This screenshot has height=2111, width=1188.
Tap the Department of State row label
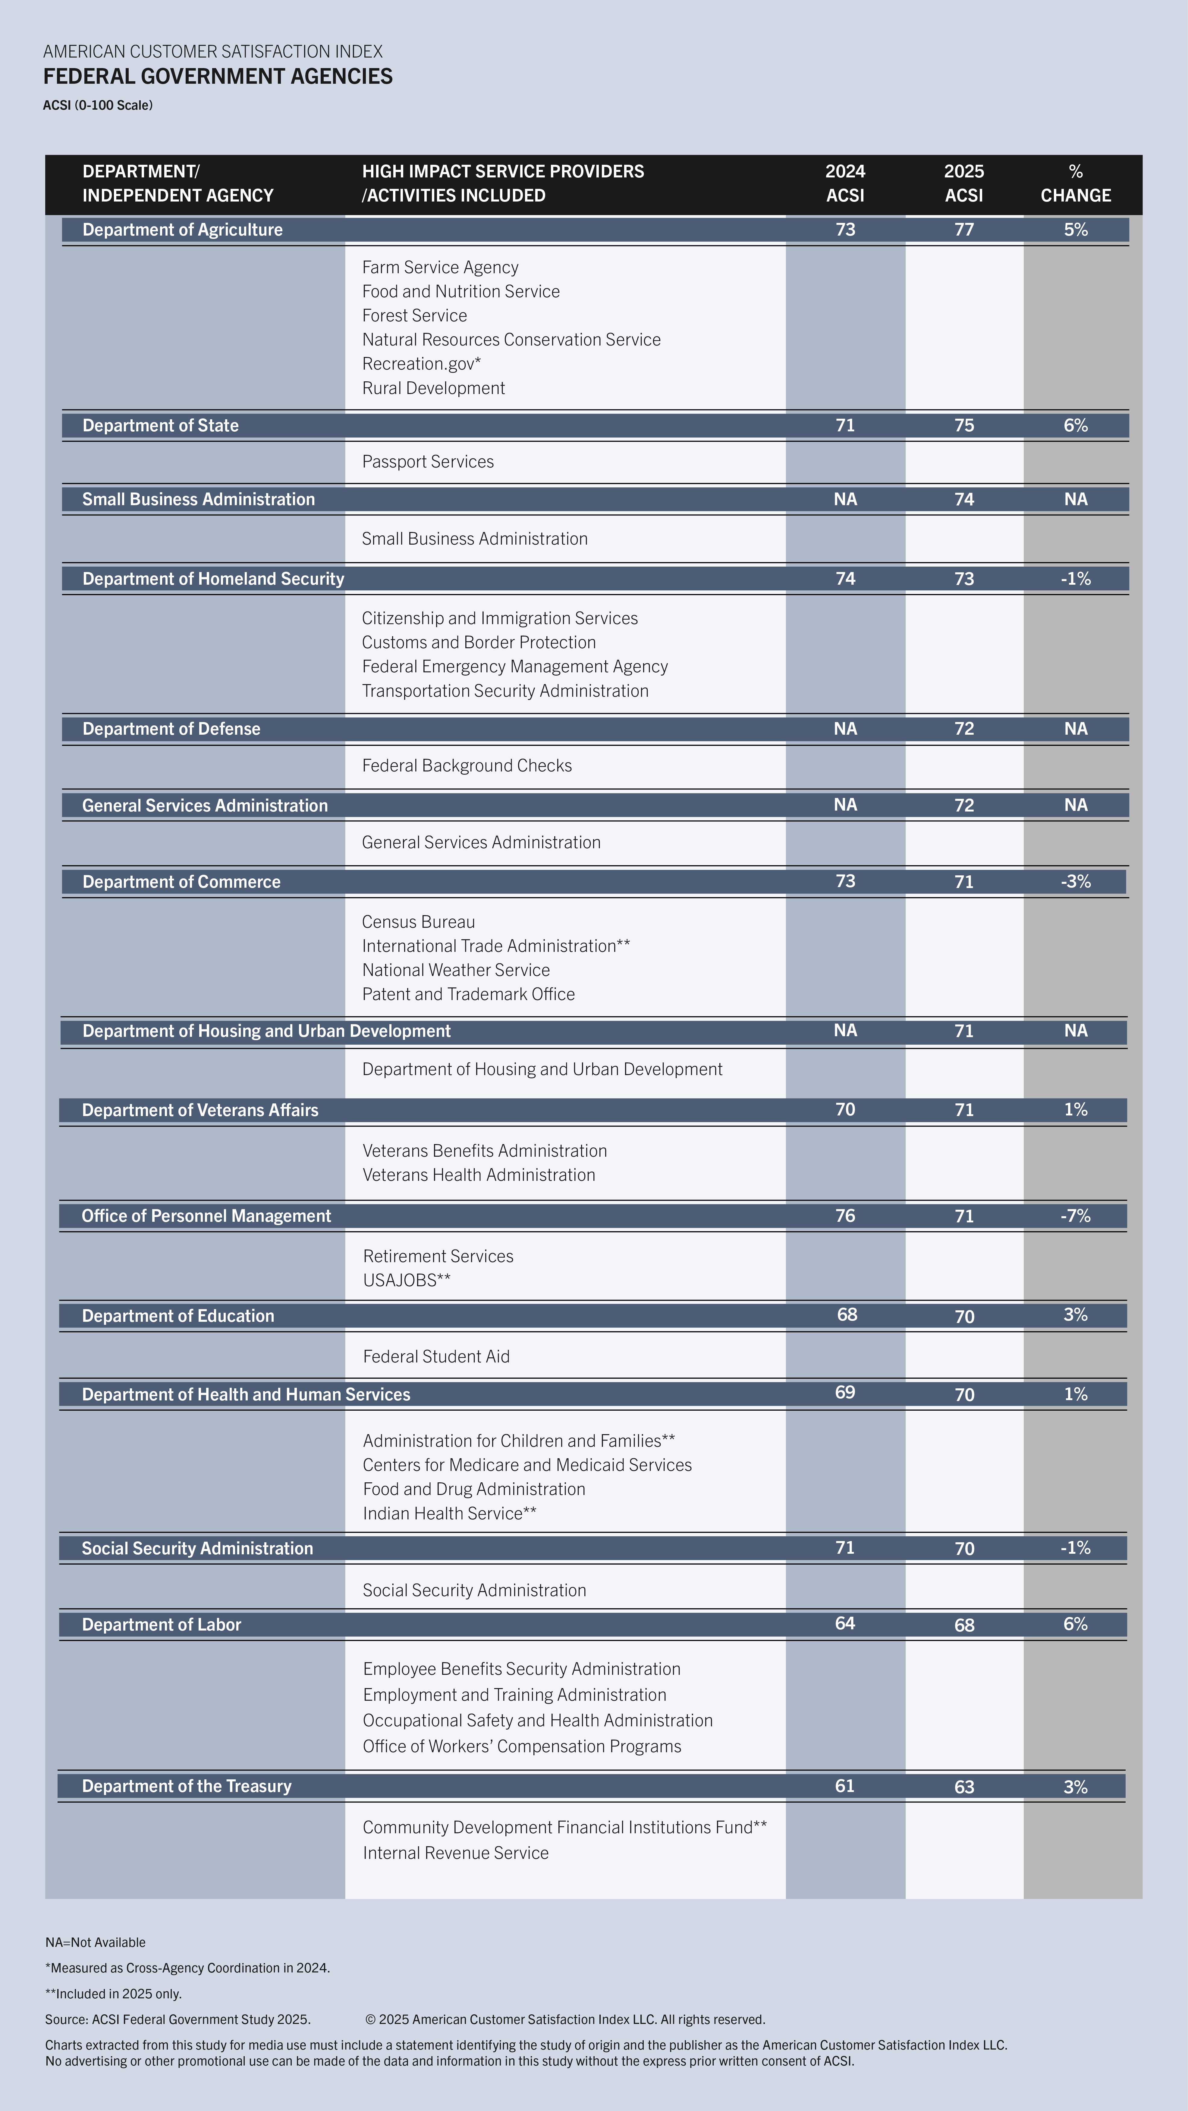tap(161, 425)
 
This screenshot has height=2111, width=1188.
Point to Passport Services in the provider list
tap(428, 461)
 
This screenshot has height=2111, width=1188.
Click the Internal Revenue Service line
tap(456, 1853)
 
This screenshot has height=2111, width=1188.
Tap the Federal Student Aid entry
tap(436, 1356)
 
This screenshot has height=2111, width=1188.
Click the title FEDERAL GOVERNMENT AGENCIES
tap(218, 76)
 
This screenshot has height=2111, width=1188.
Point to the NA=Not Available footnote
tap(95, 1942)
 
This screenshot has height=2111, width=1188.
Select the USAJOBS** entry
tap(407, 1280)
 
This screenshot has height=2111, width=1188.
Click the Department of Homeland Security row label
tap(213, 579)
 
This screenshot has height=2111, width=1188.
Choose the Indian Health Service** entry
tap(449, 1514)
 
